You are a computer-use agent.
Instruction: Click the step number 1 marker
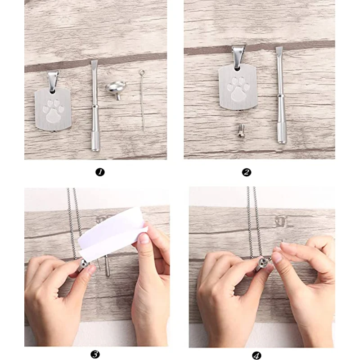click(x=100, y=172)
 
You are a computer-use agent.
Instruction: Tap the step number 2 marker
click(x=247, y=172)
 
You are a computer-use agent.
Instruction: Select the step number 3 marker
click(x=95, y=354)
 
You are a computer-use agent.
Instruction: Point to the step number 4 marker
click(x=256, y=355)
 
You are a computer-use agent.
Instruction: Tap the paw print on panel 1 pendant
click(x=53, y=110)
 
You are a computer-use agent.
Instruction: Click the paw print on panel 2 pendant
click(x=238, y=89)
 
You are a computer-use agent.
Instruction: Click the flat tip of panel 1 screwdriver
click(x=94, y=63)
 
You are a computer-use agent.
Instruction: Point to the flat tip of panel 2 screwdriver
click(x=279, y=49)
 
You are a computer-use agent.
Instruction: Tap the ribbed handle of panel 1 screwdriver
click(x=95, y=141)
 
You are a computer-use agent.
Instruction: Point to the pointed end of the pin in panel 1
click(x=144, y=130)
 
